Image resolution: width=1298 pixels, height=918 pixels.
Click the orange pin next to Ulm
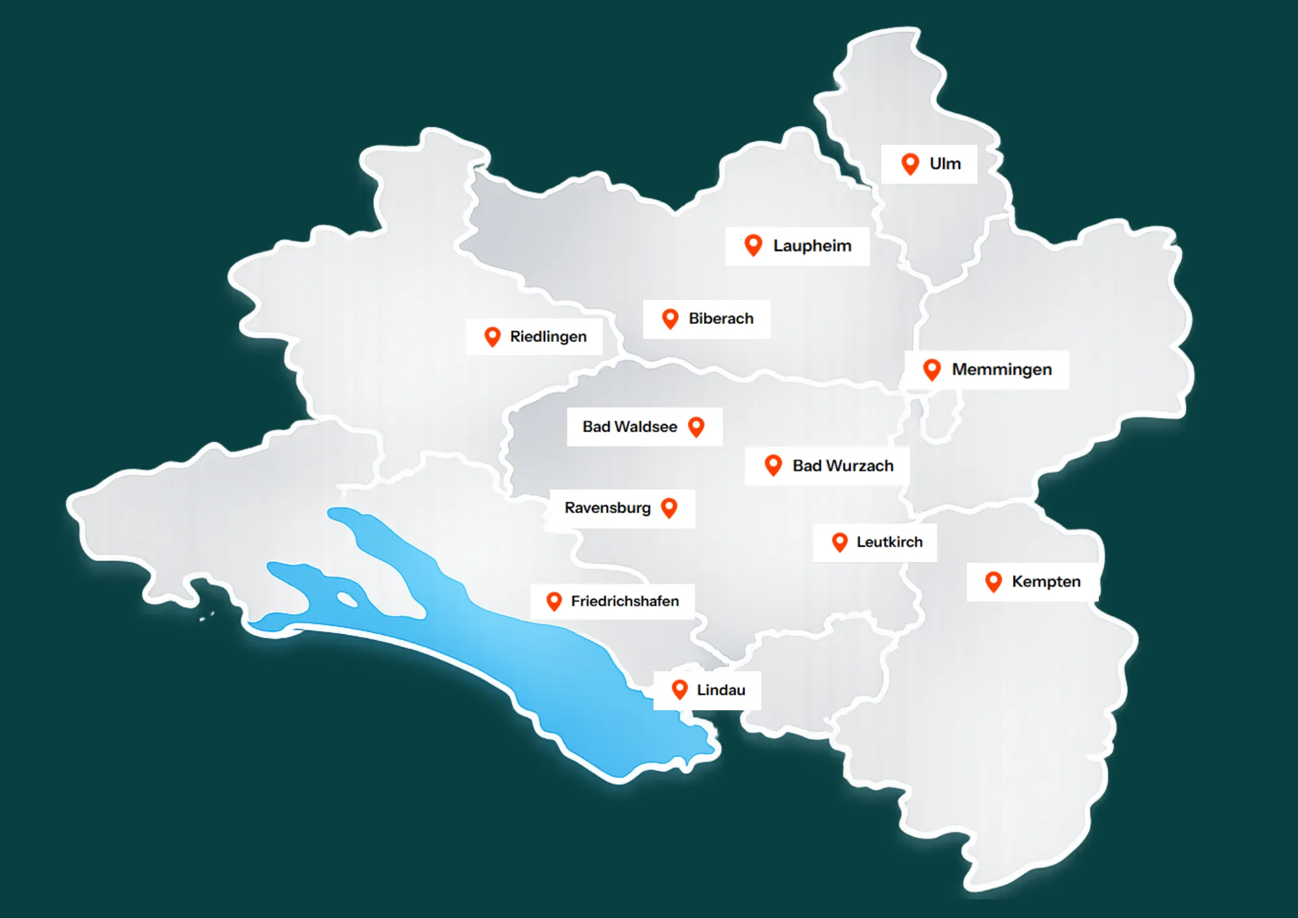(910, 163)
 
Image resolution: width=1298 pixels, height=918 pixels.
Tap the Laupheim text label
(812, 246)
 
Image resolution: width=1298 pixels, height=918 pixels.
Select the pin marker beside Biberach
(670, 318)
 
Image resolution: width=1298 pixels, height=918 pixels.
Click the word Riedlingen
(548, 336)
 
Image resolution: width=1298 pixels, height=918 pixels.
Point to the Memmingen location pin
(932, 369)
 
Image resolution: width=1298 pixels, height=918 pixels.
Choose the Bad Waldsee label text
(630, 427)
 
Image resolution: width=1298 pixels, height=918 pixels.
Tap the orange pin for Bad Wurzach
(773, 465)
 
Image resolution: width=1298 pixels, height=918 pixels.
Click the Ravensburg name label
(607, 508)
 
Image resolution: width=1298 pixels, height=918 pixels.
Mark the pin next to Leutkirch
(840, 541)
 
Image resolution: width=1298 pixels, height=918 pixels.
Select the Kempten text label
(1046, 581)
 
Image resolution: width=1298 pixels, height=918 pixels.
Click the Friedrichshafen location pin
(554, 601)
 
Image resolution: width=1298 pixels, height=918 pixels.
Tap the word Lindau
(720, 689)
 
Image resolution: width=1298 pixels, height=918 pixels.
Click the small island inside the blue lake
(347, 599)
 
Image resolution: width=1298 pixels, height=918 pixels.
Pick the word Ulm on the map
(944, 164)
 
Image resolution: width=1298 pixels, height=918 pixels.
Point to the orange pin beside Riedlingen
(493, 336)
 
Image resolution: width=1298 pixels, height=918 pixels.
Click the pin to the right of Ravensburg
(669, 507)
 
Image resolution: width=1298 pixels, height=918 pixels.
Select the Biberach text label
(721, 319)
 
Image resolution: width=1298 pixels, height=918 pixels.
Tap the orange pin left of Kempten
(993, 581)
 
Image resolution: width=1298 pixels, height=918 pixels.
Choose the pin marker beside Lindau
(680, 689)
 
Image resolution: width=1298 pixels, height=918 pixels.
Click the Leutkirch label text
(889, 542)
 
